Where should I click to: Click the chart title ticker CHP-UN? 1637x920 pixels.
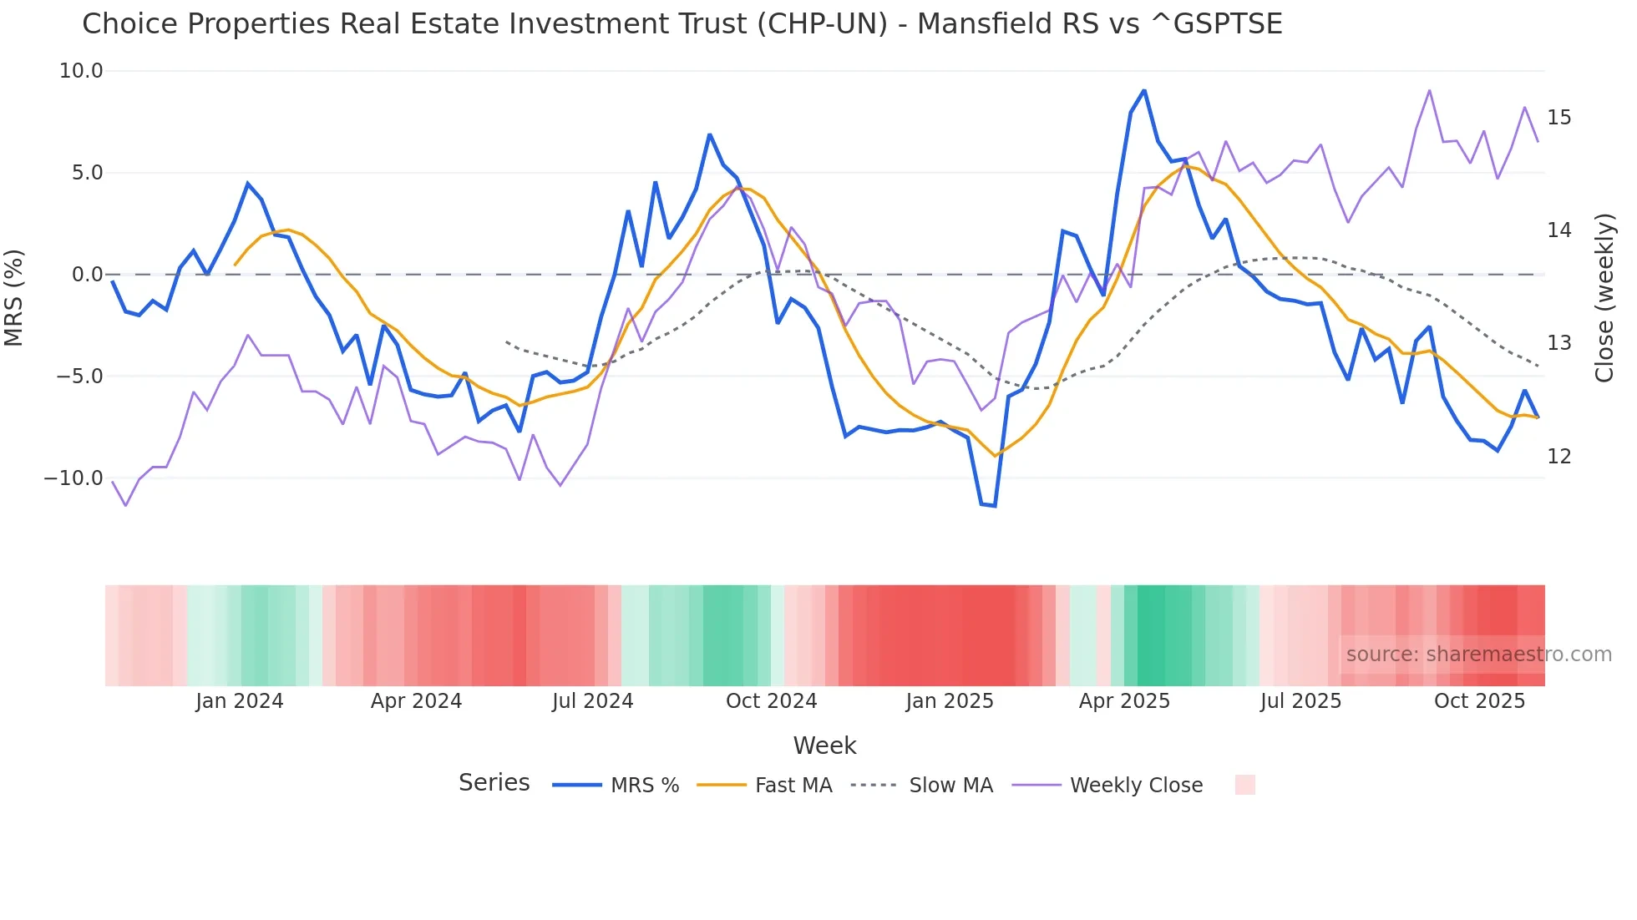coord(823,23)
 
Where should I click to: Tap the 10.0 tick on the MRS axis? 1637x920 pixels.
coord(81,71)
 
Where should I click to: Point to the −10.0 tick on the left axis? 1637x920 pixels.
coord(73,478)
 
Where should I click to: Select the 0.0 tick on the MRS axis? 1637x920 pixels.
coord(87,275)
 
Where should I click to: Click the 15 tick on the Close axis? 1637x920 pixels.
coord(1558,118)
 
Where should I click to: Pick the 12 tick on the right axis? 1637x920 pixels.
coord(1558,457)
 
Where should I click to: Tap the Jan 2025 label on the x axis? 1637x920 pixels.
coord(950,701)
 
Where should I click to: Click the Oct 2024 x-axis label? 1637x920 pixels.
coord(771,701)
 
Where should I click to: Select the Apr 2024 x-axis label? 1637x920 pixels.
coord(416,701)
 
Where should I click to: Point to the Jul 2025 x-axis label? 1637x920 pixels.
coord(1300,701)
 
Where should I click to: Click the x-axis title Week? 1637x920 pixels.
coord(824,746)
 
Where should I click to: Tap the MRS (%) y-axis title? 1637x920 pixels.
coord(14,298)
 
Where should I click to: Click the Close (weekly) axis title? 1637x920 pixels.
coord(1604,298)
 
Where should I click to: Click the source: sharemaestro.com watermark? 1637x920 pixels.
coord(1478,655)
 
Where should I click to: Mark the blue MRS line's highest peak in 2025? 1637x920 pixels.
coord(1143,90)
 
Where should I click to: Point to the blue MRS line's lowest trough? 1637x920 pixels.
coord(994,506)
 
